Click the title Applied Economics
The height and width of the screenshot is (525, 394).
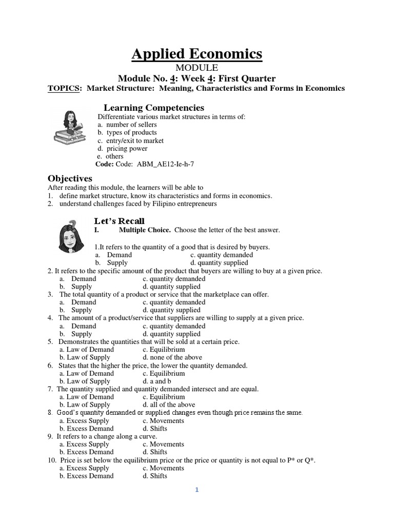(x=197, y=54)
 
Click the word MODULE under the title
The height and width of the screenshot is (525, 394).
(x=197, y=68)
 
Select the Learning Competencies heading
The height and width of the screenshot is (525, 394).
(x=154, y=108)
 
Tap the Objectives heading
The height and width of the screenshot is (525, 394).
(x=70, y=178)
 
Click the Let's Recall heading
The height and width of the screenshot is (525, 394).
(x=119, y=221)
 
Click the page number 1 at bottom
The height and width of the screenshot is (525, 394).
(x=196, y=490)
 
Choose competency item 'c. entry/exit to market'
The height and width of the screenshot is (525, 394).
(x=130, y=140)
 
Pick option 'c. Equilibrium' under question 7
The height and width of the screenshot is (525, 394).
(x=164, y=397)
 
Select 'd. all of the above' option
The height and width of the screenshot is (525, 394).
(x=169, y=405)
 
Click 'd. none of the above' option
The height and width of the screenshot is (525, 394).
(x=172, y=357)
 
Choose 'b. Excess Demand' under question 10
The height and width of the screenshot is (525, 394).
(x=86, y=476)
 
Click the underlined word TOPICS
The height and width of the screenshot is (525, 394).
(x=64, y=88)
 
